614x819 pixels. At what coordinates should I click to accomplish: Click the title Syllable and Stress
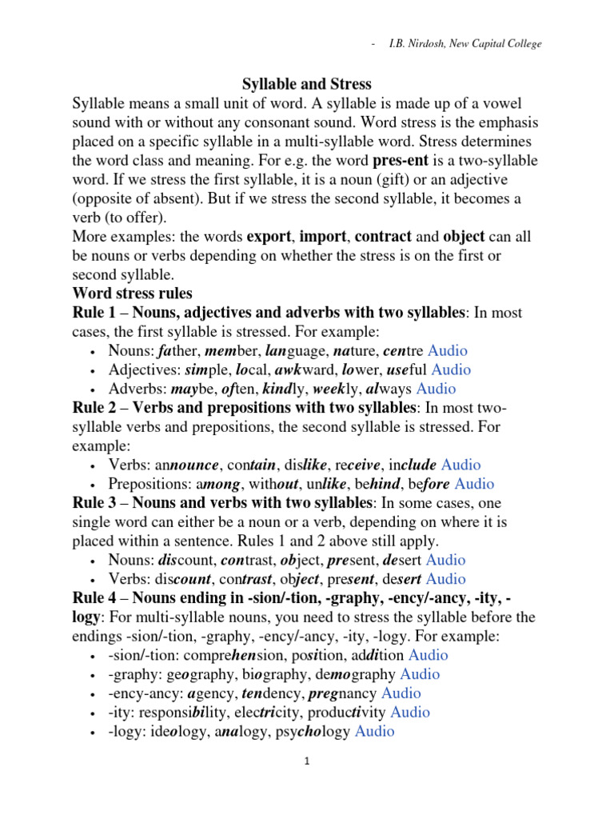click(x=307, y=84)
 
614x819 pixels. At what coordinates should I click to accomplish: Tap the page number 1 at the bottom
click(x=306, y=762)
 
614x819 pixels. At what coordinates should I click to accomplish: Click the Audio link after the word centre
click(x=448, y=350)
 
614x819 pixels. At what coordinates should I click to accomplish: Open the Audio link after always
click(x=437, y=389)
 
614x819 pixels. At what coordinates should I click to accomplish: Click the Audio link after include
click(x=461, y=465)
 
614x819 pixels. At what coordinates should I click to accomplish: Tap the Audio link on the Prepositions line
click(x=475, y=484)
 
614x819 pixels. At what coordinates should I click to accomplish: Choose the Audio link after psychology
click(x=375, y=731)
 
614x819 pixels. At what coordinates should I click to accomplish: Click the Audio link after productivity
click(x=410, y=712)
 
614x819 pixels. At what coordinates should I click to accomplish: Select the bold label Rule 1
click(x=95, y=312)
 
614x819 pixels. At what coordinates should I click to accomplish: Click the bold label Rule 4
click(x=95, y=598)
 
